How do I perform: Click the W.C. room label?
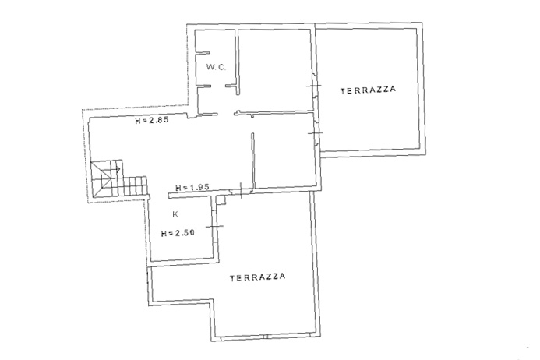coord(217,67)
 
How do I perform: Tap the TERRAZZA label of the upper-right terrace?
coord(368,90)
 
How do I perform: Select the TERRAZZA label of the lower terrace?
coord(258,277)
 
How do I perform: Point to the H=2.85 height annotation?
coord(151,121)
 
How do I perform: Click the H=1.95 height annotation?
coord(192,188)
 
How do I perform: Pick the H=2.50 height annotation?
coord(178,233)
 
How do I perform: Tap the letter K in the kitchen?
coord(175,214)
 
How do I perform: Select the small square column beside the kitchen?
coord(221,200)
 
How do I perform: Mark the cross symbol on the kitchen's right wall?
coord(214,226)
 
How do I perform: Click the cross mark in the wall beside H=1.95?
coord(241,190)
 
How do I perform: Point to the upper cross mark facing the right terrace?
coord(314,86)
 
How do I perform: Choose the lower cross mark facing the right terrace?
coord(316,132)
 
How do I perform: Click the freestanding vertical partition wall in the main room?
coord(253,161)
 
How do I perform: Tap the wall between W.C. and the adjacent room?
coord(237,62)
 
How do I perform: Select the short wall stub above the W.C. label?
coord(203,53)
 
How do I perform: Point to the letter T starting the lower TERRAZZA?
coord(232,278)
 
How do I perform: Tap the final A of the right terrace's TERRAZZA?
coord(393,89)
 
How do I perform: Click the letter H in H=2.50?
coord(164,234)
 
